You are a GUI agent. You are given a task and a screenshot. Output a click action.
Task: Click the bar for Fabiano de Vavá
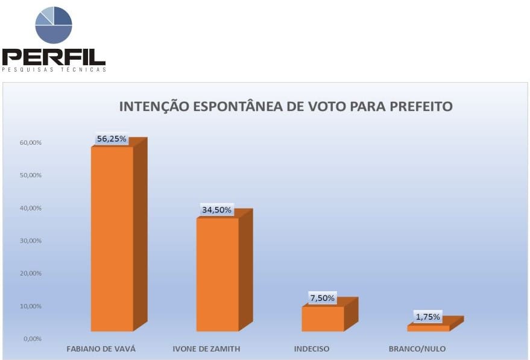click(x=112, y=238)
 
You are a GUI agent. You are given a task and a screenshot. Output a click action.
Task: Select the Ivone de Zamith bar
click(x=218, y=274)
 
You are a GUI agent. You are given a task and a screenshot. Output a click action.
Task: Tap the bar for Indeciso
click(x=323, y=318)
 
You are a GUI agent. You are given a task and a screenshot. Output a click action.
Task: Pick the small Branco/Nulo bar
click(x=428, y=328)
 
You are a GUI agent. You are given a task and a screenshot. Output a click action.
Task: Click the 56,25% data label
click(x=112, y=139)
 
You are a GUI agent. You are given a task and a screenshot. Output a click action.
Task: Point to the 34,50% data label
click(x=217, y=210)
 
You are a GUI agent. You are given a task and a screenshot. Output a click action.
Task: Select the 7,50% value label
click(x=323, y=298)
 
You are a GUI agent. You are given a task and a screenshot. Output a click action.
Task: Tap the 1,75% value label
click(x=427, y=317)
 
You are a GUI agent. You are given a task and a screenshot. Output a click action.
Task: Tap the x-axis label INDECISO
click(x=312, y=349)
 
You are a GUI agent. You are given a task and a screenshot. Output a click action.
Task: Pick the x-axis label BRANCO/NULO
click(x=417, y=349)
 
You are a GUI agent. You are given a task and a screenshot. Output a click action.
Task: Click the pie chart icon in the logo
click(x=54, y=25)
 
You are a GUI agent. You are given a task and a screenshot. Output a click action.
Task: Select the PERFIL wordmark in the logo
click(x=54, y=57)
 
